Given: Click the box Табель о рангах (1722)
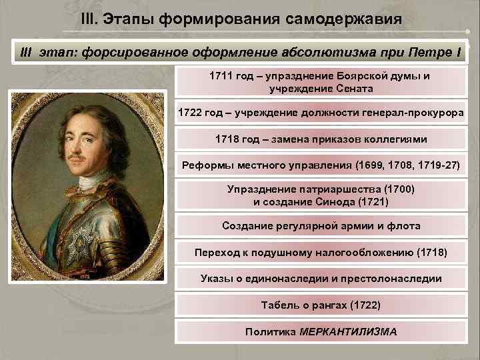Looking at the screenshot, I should [321, 305].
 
